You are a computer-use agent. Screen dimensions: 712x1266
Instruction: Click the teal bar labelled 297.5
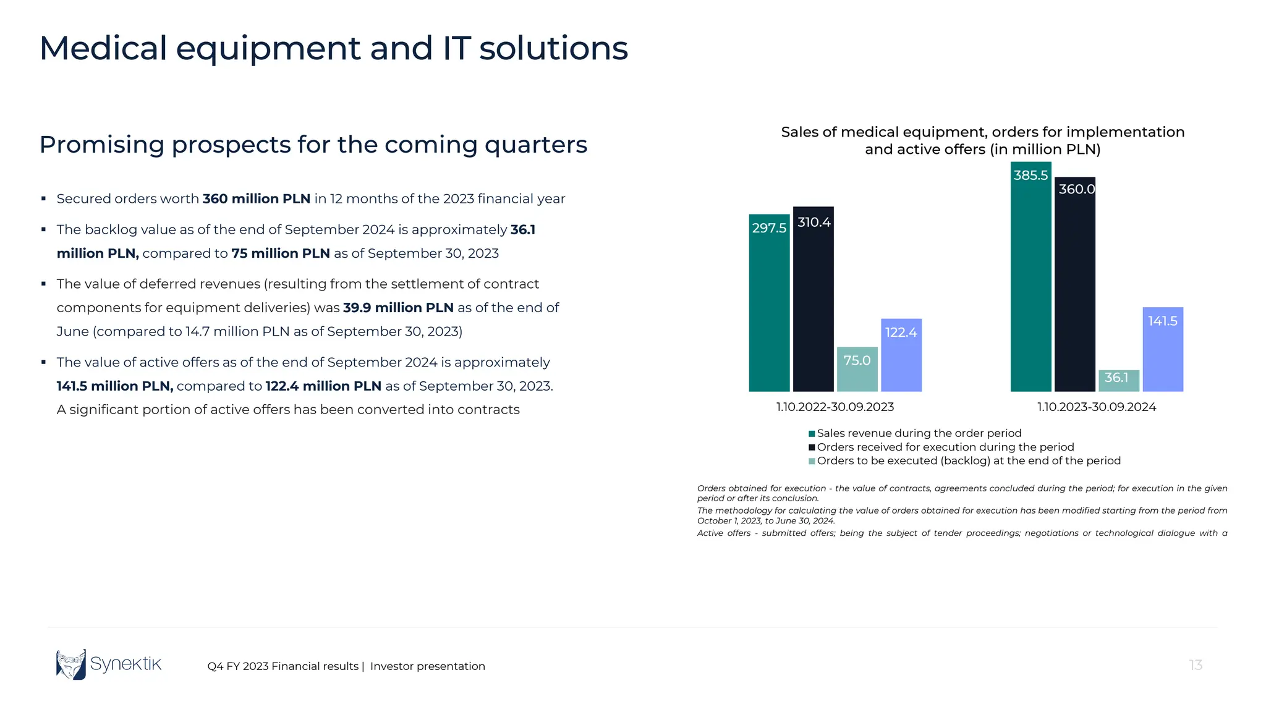pos(769,303)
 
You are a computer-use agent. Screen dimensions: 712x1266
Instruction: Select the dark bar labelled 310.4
pos(813,299)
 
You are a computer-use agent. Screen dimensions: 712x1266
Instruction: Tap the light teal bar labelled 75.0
pos(857,369)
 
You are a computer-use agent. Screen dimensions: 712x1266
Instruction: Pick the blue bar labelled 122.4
pos(901,355)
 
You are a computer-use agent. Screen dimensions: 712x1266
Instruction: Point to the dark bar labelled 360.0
pos(1074,284)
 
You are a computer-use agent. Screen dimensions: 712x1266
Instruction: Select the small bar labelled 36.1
pos(1118,380)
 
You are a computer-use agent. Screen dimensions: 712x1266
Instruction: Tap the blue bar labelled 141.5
pos(1162,349)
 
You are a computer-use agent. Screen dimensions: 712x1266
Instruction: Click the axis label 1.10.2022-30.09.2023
pos(835,407)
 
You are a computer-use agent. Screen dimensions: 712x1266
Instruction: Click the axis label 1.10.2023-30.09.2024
pos(1096,407)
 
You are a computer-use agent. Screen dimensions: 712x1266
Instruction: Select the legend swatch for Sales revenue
pos(812,434)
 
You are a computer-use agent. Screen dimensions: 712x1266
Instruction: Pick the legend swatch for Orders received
pos(812,447)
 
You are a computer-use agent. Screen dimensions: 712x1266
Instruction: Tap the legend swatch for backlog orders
pos(812,461)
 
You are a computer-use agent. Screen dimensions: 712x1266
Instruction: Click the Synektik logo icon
pos(71,664)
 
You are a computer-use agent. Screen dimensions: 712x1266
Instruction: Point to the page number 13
pos(1195,665)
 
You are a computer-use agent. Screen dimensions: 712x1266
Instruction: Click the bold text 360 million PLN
pos(256,199)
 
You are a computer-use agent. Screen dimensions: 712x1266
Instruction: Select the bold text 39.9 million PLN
pos(398,308)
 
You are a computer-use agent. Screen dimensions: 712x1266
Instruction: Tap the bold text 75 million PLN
pos(280,253)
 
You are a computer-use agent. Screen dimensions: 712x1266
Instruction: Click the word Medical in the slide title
pos(103,48)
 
